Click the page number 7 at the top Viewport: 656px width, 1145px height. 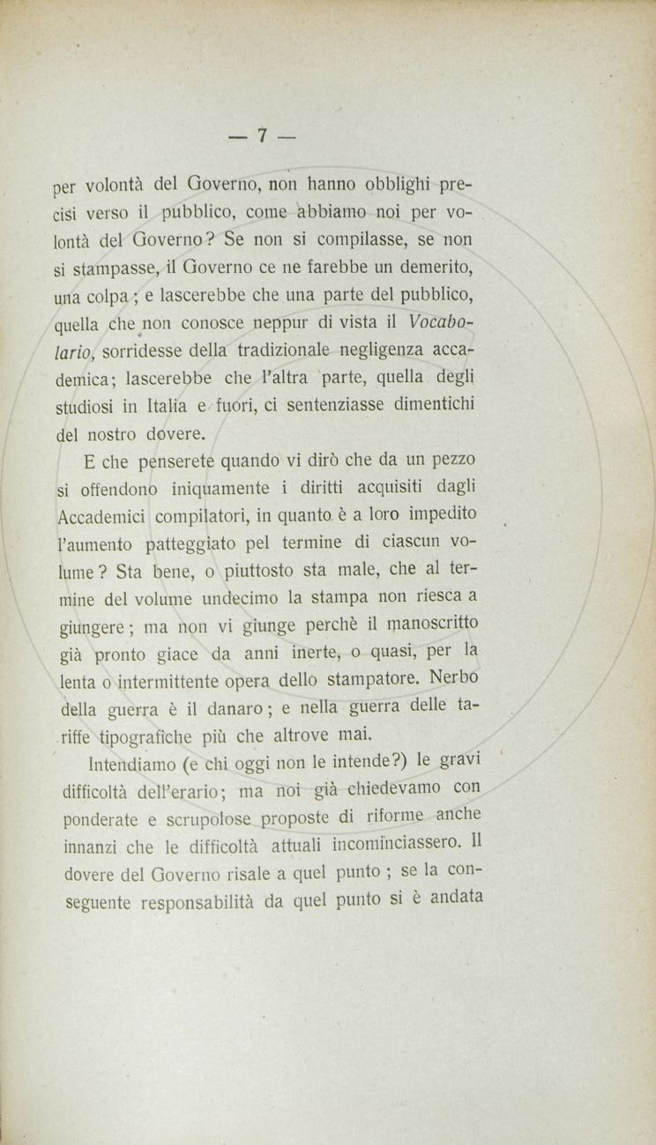[x=261, y=136]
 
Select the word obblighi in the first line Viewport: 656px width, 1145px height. [x=391, y=186]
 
